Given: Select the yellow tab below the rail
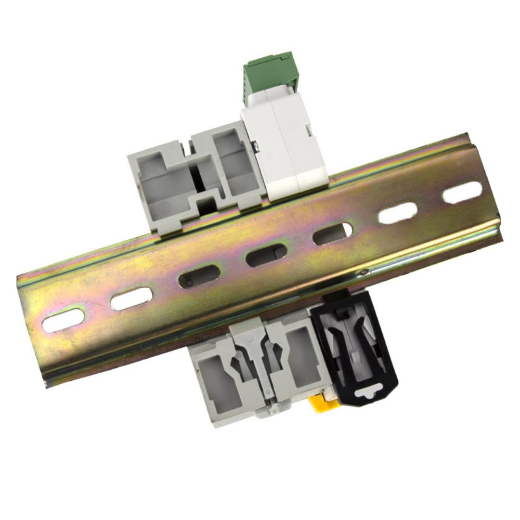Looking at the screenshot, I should click(x=321, y=403).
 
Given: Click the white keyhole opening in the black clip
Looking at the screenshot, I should click(x=369, y=392).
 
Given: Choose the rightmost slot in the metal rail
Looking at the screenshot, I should click(x=462, y=193).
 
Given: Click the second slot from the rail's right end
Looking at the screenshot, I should click(x=398, y=212).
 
